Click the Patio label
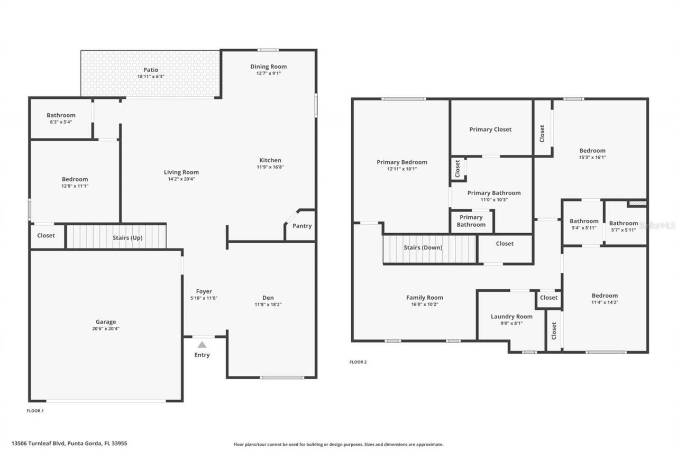click(x=151, y=70)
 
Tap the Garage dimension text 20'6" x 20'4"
click(x=106, y=328)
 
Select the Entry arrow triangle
click(x=202, y=345)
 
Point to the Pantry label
click(x=302, y=226)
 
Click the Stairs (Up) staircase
click(x=116, y=237)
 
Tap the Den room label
click(x=268, y=298)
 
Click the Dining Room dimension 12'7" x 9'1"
click(x=269, y=73)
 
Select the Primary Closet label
click(x=490, y=130)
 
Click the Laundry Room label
click(x=511, y=317)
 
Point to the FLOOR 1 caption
click(x=35, y=410)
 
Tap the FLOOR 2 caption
click(x=358, y=362)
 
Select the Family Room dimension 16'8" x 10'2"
click(x=425, y=304)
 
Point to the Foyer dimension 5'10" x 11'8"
click(x=204, y=298)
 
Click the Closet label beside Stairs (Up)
click(x=46, y=235)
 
